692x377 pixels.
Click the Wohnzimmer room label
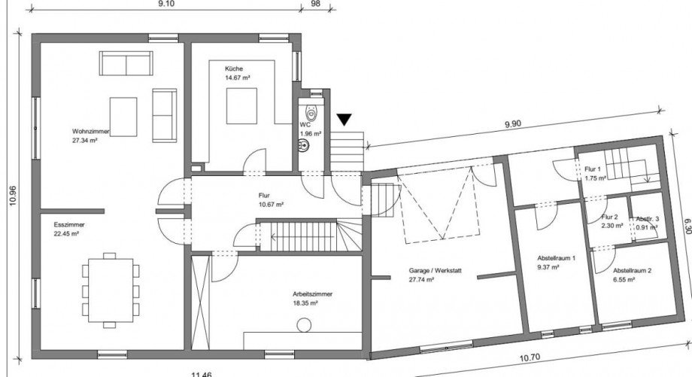pos(90,131)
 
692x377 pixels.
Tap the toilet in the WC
pos(312,113)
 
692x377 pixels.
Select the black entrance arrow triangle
pos(344,120)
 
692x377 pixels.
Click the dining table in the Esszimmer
pos(111,290)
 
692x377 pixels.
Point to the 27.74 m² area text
pos(421,279)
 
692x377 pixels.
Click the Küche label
pos(234,69)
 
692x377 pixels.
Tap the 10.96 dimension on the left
pos(12,196)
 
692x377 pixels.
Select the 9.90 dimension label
pos(512,124)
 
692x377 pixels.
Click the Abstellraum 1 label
pos(556,258)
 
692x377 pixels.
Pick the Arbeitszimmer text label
pos(312,294)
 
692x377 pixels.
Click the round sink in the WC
pos(304,144)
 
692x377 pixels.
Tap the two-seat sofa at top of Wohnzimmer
pos(126,63)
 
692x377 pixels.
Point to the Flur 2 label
pos(609,217)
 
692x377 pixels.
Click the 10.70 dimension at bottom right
pos(530,358)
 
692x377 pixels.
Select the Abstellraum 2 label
pos(632,271)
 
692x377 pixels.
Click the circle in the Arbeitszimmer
pos(304,325)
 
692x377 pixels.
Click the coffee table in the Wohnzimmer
pos(123,117)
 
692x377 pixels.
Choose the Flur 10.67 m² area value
pos(271,205)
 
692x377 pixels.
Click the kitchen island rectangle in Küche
pos(242,106)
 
